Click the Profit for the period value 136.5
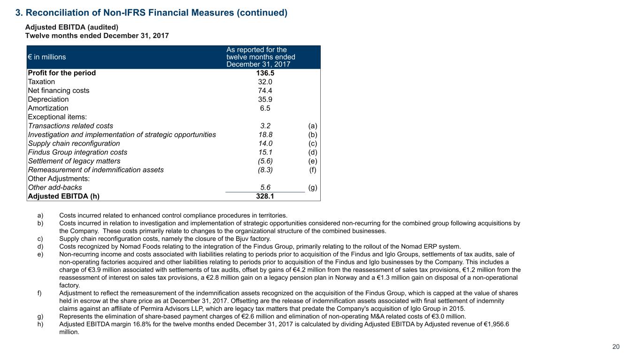point(265,73)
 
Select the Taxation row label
point(41,82)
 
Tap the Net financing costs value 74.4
point(265,91)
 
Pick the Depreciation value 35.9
point(265,100)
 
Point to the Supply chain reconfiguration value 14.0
point(265,144)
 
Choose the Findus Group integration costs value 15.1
point(265,152)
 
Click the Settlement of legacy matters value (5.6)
point(265,161)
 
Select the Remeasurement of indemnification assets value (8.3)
point(265,170)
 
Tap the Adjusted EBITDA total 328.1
point(265,196)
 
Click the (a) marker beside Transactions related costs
point(313,126)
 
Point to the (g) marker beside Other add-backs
point(313,187)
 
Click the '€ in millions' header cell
point(47,57)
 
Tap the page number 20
point(616,347)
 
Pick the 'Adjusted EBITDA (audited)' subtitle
point(68,27)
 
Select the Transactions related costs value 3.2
point(265,126)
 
